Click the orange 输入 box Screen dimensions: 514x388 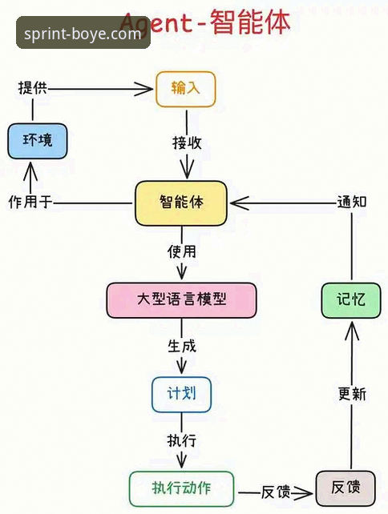[x=185, y=89]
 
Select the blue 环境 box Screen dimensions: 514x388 [x=38, y=141]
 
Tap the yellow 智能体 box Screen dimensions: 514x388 [x=181, y=203]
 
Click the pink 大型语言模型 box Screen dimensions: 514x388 [x=181, y=299]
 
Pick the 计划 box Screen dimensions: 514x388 [x=181, y=394]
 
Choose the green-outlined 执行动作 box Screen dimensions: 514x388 [x=181, y=488]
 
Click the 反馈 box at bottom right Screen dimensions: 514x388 [x=345, y=488]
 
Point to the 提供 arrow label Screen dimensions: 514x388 [x=32, y=88]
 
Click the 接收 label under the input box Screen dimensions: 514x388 [x=187, y=143]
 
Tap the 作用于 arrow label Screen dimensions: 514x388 [x=30, y=203]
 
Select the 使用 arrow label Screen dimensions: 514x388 [x=181, y=251]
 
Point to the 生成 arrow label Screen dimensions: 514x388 [x=181, y=347]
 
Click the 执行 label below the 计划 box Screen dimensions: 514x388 [x=181, y=441]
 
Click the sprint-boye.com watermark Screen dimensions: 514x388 [x=83, y=34]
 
